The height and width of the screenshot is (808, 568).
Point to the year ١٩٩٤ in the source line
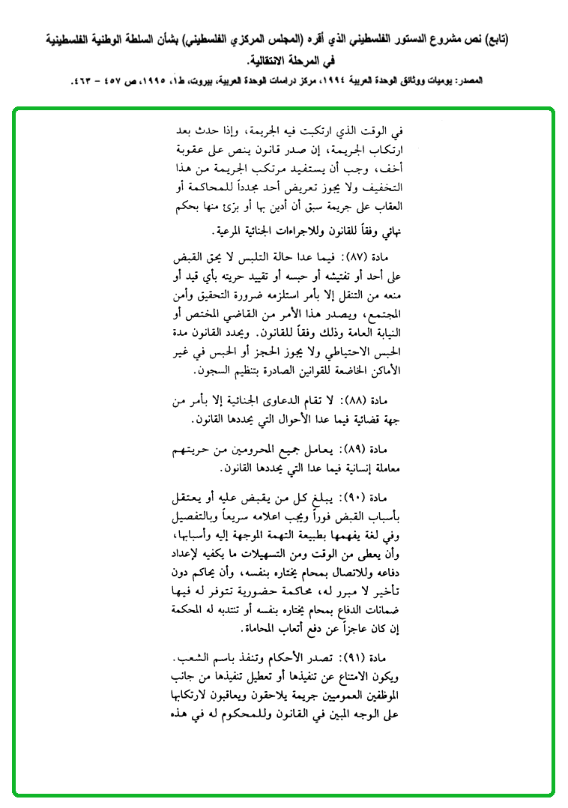coord(327,79)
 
